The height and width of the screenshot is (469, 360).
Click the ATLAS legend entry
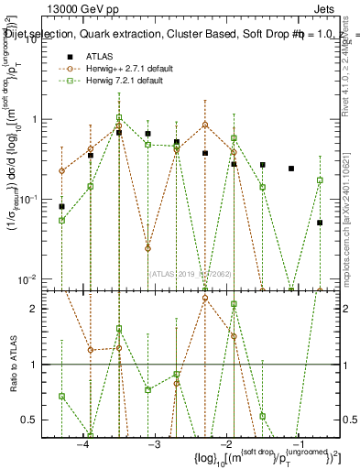[100, 56]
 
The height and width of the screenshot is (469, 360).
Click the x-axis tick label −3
[154, 444]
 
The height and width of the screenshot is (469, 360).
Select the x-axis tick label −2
[226, 444]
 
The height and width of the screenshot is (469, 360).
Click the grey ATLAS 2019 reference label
[191, 273]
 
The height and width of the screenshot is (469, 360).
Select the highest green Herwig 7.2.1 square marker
[119, 117]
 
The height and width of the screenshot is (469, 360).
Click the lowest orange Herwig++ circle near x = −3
[147, 248]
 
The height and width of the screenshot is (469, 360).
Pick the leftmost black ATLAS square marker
[61, 207]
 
